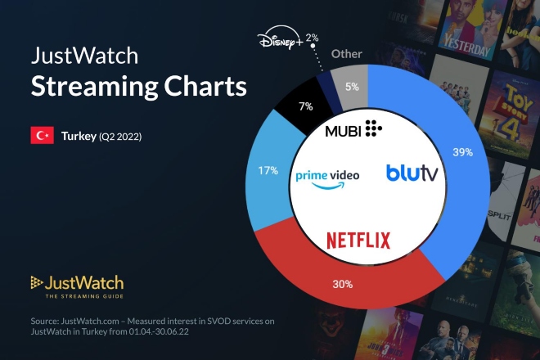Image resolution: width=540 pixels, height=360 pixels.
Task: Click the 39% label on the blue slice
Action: coord(462,151)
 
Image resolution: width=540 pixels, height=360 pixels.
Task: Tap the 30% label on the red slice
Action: coord(343,284)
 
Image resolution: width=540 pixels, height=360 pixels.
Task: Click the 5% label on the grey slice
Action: coord(353,86)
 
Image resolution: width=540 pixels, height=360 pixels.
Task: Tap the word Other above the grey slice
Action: coord(346,54)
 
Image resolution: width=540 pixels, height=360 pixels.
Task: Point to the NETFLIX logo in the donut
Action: coord(358,240)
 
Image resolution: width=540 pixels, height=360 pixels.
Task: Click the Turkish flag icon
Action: coord(42,136)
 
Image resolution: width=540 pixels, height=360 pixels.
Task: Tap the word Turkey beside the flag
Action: coord(79,136)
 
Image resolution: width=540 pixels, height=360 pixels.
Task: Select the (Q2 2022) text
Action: coord(120,137)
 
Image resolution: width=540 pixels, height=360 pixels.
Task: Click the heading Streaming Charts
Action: coord(138,87)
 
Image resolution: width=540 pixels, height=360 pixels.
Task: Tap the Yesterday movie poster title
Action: coord(470,46)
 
